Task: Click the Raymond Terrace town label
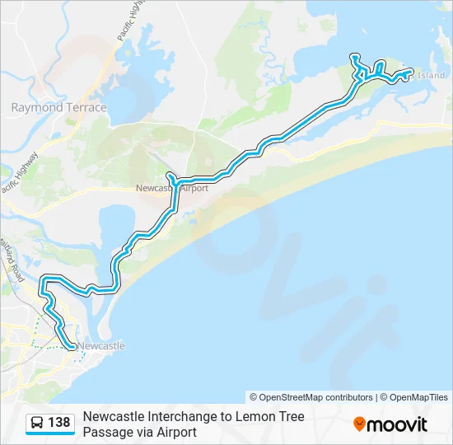tap(58, 107)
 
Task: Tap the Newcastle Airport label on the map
tap(172, 188)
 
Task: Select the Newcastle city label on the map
tap(101, 346)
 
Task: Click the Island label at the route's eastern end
tap(431, 76)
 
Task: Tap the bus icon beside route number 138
tap(38, 424)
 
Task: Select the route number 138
tap(59, 424)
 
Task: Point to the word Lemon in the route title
tap(252, 417)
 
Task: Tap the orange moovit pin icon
tap(359, 424)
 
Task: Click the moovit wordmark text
tap(398, 424)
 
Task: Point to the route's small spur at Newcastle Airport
tap(169, 176)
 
